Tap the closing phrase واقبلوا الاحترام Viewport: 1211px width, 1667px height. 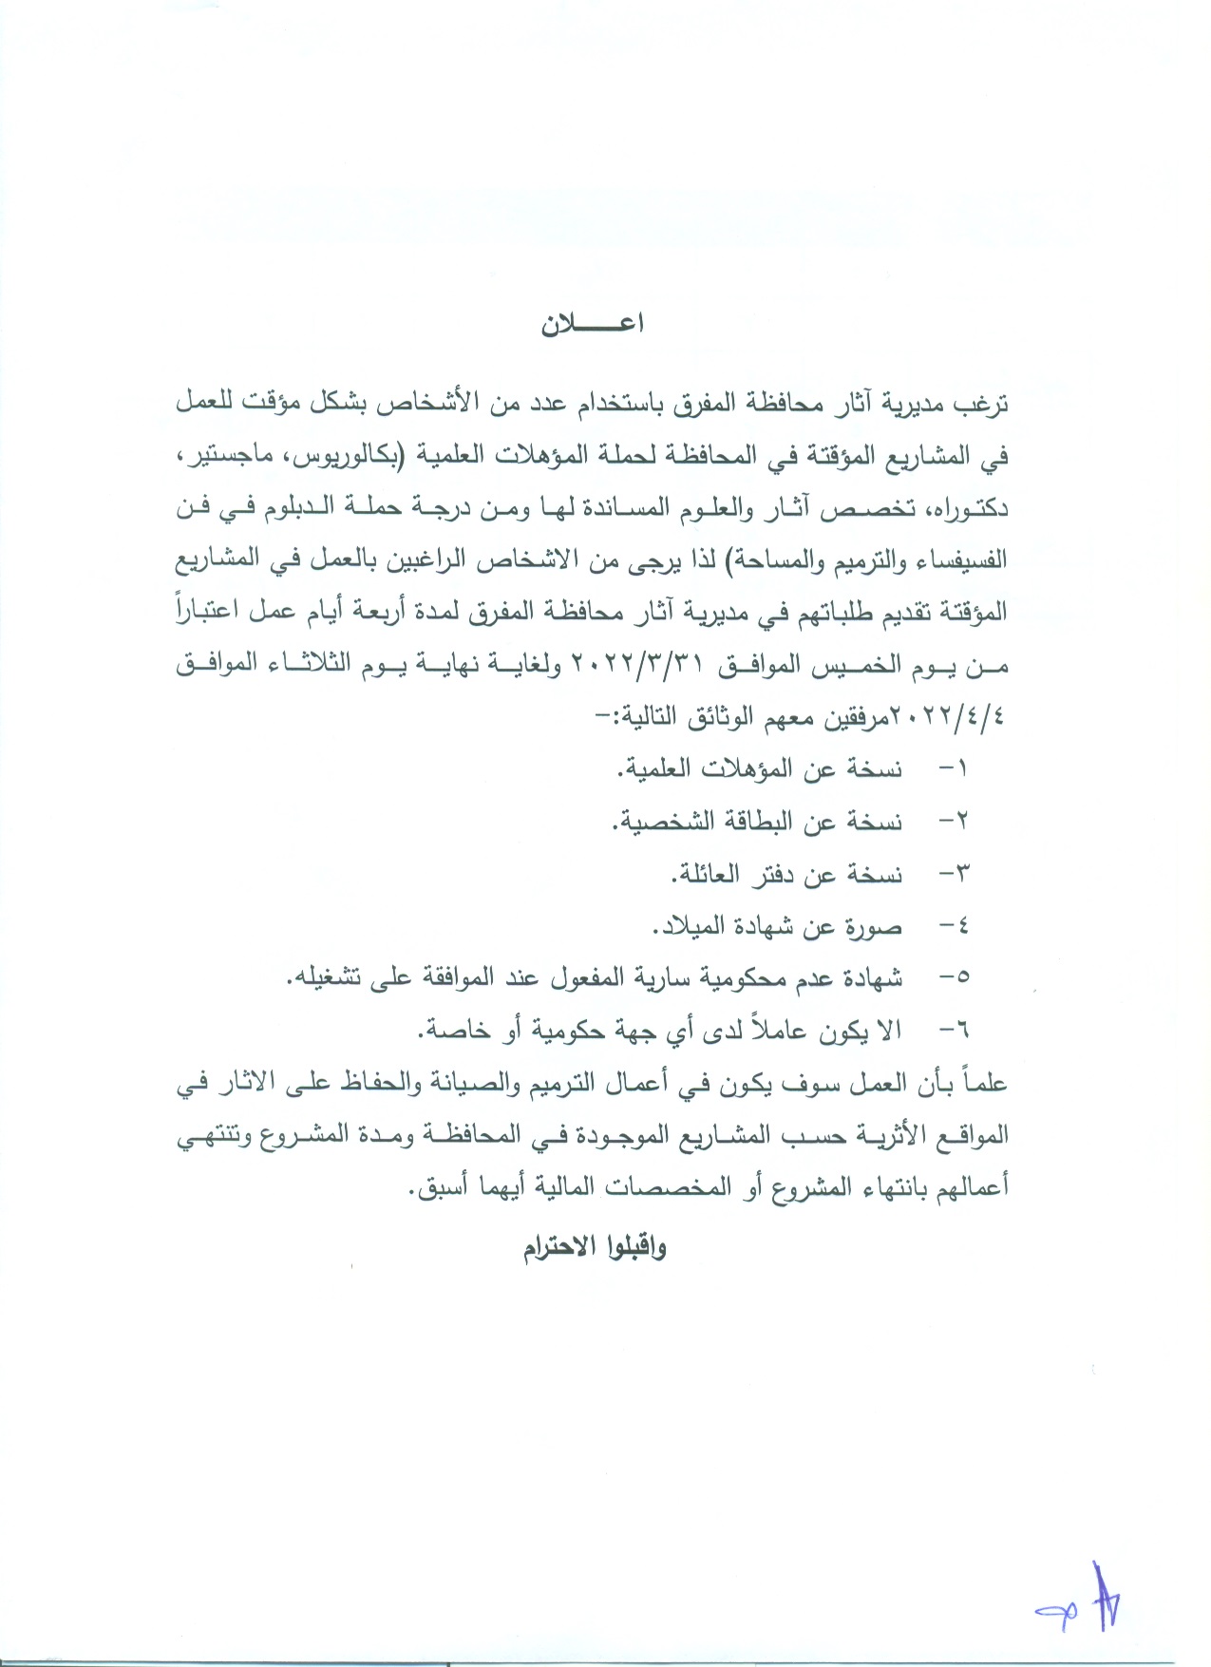tap(595, 1247)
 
